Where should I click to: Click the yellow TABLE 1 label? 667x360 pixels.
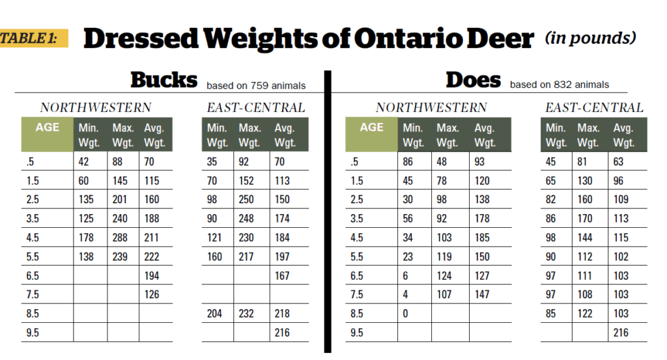pos(29,38)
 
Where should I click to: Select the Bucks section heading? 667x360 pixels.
pos(163,80)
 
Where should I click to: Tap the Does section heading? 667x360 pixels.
pos(473,80)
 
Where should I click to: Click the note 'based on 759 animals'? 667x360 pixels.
pos(256,85)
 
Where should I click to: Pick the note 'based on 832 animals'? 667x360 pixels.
pos(560,85)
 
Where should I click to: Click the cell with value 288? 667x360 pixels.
pos(121,238)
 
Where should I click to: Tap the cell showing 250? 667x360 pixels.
pos(247,200)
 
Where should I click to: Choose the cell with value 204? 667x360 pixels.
pos(215,313)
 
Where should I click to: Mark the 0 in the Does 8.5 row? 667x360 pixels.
pos(406,313)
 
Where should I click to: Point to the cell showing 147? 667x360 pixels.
pos(482,294)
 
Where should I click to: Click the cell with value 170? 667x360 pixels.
pos(586,219)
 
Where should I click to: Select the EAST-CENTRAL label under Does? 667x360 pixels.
pos(594,108)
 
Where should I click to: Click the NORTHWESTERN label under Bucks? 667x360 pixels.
pos(96,108)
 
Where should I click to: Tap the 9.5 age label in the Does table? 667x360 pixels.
pos(357,332)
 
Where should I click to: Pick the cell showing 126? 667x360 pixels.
pos(151,294)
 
